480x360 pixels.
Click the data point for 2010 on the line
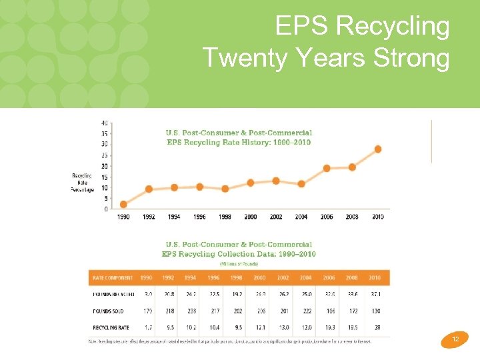click(378, 149)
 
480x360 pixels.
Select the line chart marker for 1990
click(123, 205)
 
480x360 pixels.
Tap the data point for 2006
click(327, 169)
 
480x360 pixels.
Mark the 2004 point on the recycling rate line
click(301, 184)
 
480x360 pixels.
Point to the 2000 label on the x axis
click(250, 217)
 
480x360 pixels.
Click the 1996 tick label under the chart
click(199, 217)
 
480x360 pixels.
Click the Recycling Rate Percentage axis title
click(83, 183)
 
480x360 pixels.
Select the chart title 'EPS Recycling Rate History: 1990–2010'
click(239, 142)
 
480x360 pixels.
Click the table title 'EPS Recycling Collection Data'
click(239, 254)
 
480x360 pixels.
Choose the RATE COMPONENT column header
click(113, 278)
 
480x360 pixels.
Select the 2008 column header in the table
click(352, 278)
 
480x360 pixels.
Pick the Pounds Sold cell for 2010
click(376, 311)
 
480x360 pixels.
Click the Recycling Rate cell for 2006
click(329, 327)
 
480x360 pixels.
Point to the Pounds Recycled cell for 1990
click(147, 294)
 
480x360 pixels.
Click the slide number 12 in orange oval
click(455, 340)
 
